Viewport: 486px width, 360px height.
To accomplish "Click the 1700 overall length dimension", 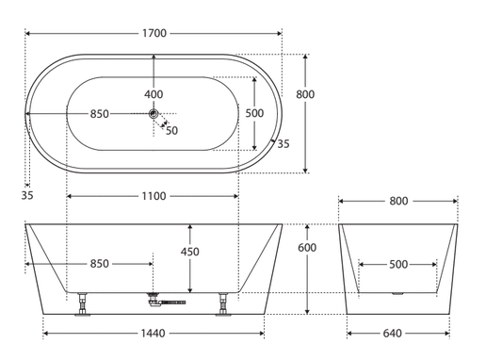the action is pos(154,33).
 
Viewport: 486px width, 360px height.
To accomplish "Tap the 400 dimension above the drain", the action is pos(154,94).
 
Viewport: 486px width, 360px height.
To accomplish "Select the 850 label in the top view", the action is pos(100,114).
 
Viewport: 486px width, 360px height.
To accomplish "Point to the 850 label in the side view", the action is pos(100,264).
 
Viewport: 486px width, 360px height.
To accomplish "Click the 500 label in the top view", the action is pos(254,113).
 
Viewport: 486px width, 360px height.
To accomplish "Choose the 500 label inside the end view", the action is pos(398,264).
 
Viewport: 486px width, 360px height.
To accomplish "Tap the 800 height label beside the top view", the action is pos(305,94).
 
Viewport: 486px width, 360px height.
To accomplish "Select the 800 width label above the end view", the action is pos(398,201).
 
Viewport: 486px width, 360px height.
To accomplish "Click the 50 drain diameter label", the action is pos(171,130).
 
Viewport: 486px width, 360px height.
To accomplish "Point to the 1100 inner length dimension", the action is pos(154,196).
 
